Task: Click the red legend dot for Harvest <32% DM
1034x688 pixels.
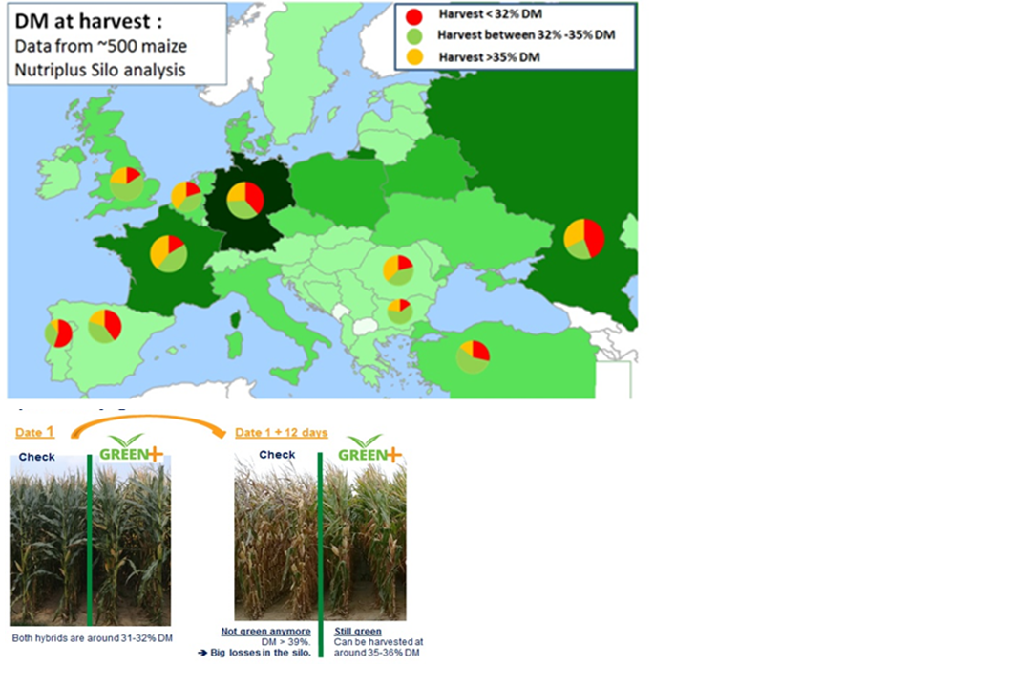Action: click(414, 16)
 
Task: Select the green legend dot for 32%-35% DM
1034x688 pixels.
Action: click(414, 36)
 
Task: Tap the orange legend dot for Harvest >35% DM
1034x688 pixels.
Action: click(414, 56)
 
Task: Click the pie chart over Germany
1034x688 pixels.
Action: click(245, 200)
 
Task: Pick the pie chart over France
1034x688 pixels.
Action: click(169, 253)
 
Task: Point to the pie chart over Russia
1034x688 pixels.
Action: click(584, 239)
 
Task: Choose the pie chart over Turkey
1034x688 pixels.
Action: click(473, 356)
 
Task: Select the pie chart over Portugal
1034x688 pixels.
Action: click(58, 333)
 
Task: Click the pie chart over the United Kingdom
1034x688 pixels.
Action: click(126, 183)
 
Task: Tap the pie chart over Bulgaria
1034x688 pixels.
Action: click(400, 311)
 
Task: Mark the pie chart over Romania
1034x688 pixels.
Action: click(398, 270)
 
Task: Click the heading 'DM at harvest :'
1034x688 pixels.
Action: click(89, 21)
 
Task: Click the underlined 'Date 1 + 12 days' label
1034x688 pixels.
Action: click(282, 433)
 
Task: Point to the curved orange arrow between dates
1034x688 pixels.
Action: click(148, 418)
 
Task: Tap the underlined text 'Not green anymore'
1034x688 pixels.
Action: click(265, 632)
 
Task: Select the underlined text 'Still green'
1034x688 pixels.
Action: click(357, 632)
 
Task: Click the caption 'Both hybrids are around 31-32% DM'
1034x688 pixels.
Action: click(93, 638)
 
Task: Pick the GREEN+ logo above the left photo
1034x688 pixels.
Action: click(131, 449)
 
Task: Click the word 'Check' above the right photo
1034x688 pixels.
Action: click(277, 454)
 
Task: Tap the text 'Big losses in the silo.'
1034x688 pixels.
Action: click(261, 653)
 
